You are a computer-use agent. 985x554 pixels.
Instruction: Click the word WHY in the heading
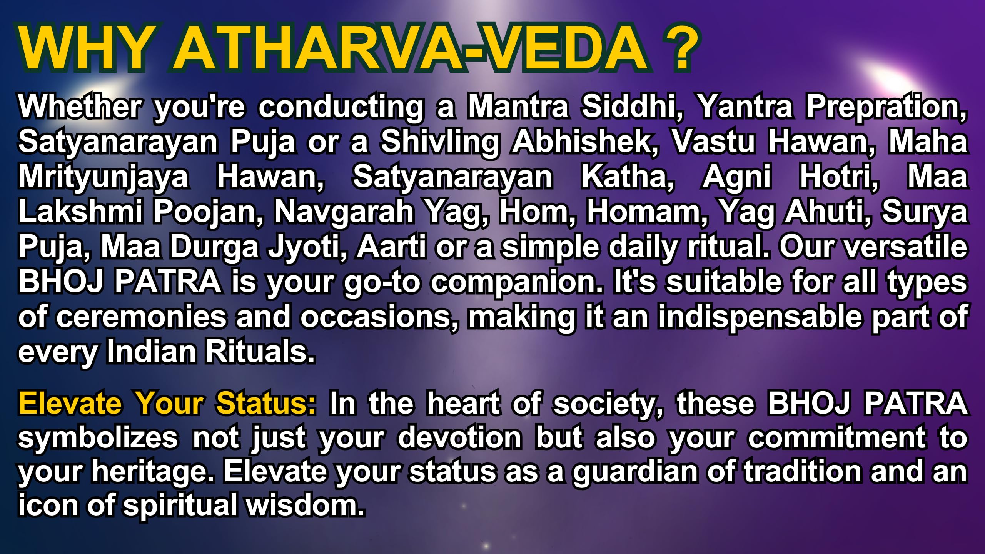[83, 49]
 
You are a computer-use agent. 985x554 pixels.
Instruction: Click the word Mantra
[518, 106]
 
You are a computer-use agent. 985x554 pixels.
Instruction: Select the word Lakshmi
[80, 212]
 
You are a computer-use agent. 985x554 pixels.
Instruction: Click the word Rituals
[260, 351]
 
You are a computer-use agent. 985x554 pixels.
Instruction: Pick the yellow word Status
[266, 403]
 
